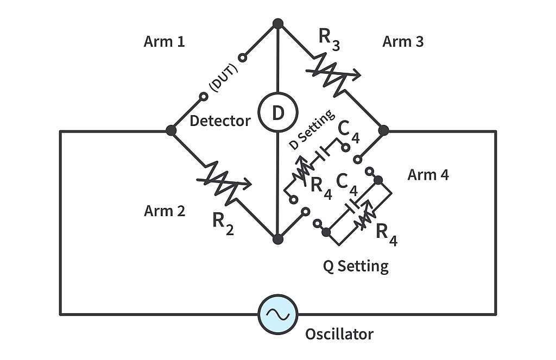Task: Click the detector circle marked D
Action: (x=277, y=112)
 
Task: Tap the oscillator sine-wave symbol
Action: (x=277, y=314)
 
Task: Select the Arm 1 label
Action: (x=164, y=42)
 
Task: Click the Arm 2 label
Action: (x=164, y=211)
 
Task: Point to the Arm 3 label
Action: (x=403, y=42)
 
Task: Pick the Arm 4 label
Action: (x=428, y=175)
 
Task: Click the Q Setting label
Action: (x=356, y=266)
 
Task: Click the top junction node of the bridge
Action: (x=277, y=23)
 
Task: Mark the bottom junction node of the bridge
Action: (x=277, y=239)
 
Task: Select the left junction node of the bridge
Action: (x=171, y=130)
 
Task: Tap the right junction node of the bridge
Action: (x=383, y=130)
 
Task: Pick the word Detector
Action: (x=220, y=121)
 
